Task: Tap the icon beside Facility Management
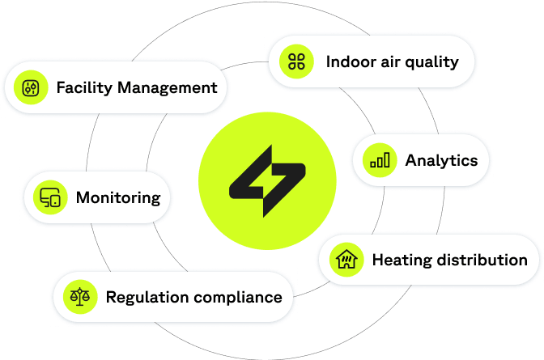[x=31, y=88]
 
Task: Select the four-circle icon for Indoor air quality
[x=297, y=61]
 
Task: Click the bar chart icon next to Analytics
[x=380, y=160]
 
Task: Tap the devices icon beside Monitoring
[x=50, y=197]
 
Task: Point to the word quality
[x=432, y=62]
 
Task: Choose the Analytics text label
[x=441, y=160]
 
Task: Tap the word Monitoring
[x=118, y=197]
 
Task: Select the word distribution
[x=480, y=260]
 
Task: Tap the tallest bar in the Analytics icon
[x=387, y=159]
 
